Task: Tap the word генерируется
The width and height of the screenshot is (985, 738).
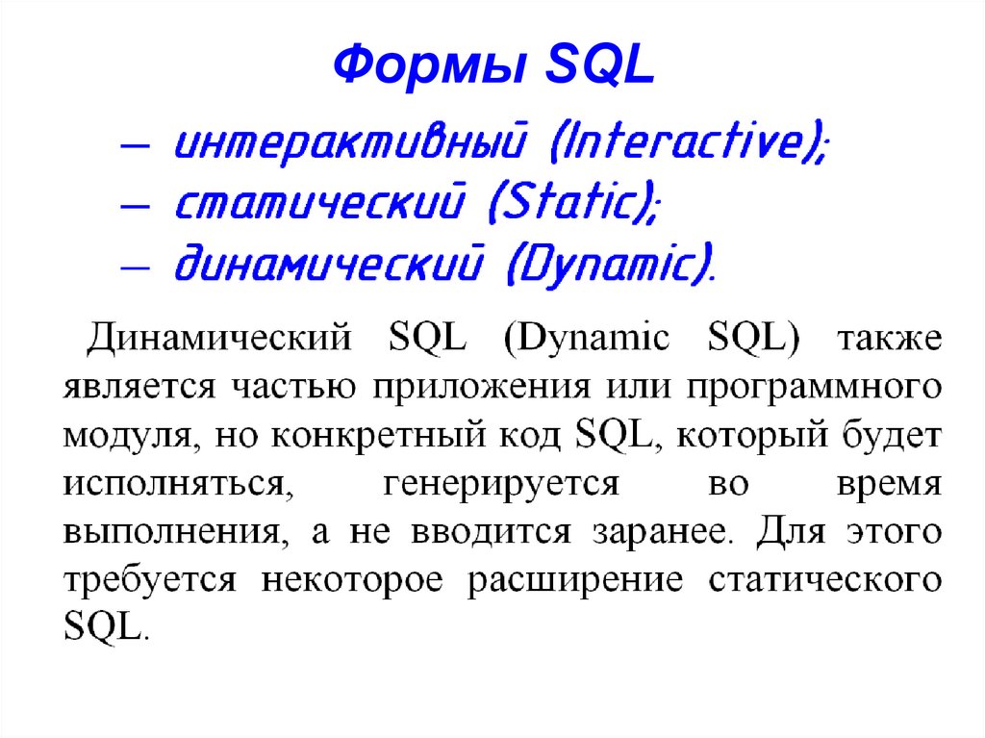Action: click(x=501, y=484)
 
